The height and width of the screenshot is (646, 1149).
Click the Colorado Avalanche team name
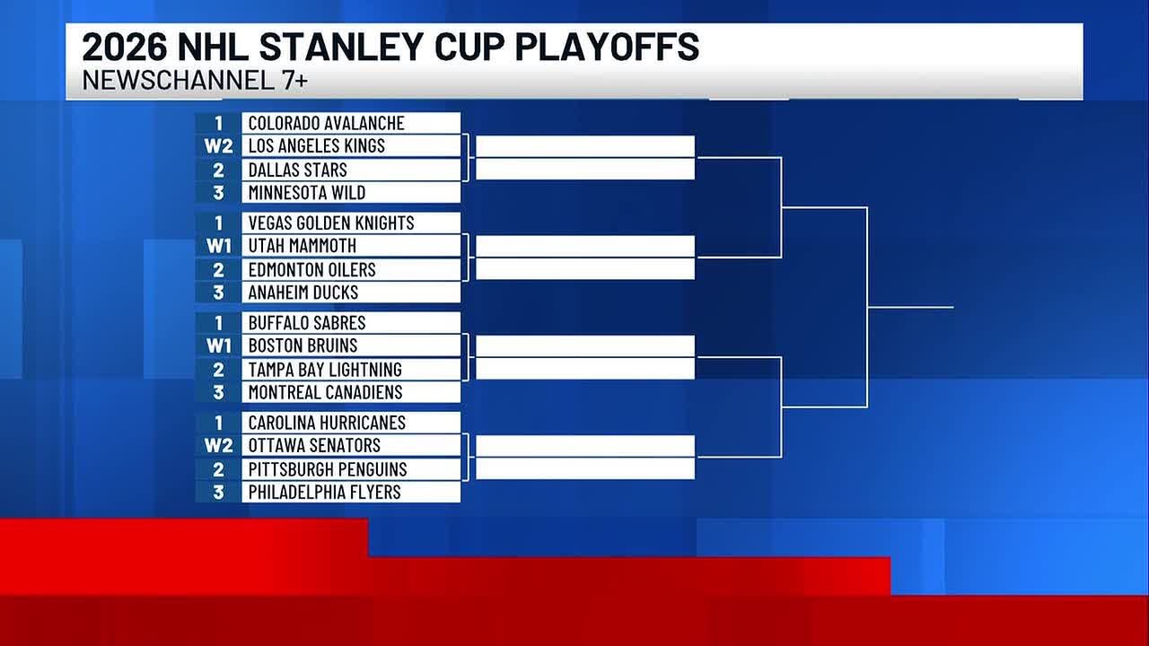tap(326, 123)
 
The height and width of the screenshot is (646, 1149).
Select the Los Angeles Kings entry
tap(316, 145)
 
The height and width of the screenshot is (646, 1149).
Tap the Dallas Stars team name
tap(297, 170)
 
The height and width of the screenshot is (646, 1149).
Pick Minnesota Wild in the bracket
tap(306, 192)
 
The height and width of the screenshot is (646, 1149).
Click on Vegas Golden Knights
tap(330, 223)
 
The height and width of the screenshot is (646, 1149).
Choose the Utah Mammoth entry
tap(302, 245)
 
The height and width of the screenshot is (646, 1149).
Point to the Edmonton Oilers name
tap(311, 269)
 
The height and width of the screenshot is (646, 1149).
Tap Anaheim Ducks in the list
tap(303, 292)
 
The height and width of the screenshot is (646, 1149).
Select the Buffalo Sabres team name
tap(306, 322)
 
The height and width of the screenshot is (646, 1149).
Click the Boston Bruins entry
tap(303, 345)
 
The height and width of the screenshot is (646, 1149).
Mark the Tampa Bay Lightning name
tap(324, 369)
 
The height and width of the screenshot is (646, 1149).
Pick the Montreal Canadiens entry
tap(325, 391)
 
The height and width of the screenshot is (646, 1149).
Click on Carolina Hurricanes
tap(327, 422)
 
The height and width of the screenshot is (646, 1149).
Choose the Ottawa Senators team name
tap(314, 445)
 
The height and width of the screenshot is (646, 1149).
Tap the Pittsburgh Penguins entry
tap(327, 468)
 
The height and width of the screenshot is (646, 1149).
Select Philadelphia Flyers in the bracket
tap(324, 492)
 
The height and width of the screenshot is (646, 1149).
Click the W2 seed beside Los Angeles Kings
tap(218, 145)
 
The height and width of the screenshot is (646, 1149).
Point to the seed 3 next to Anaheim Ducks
tap(218, 292)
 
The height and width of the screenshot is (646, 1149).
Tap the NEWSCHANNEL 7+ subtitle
tap(195, 80)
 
